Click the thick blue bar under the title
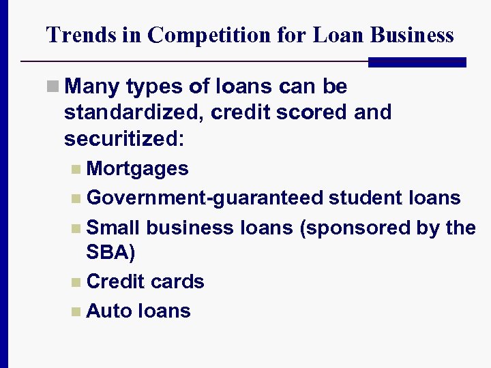[417, 62]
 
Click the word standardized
[134, 112]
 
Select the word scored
[314, 112]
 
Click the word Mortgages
[138, 168]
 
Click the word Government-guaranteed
[205, 198]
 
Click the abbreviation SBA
[108, 252]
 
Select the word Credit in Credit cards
[116, 281]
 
